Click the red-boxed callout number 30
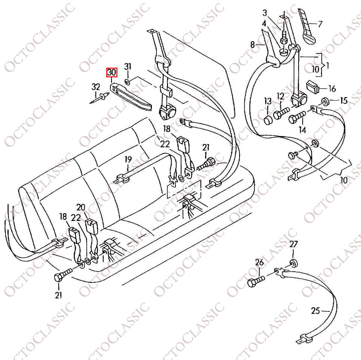click(x=111, y=73)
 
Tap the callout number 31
click(x=128, y=67)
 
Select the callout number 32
click(x=96, y=87)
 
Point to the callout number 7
click(x=320, y=24)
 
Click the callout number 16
click(x=332, y=89)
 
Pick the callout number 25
click(x=315, y=311)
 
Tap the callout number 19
click(x=128, y=160)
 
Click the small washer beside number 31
click(x=127, y=81)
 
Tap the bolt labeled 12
click(x=281, y=113)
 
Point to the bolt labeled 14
click(x=297, y=117)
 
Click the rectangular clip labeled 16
click(x=312, y=87)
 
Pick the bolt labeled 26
click(x=256, y=281)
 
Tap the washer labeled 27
click(x=293, y=263)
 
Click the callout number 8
click(x=253, y=44)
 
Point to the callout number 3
click(x=265, y=13)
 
